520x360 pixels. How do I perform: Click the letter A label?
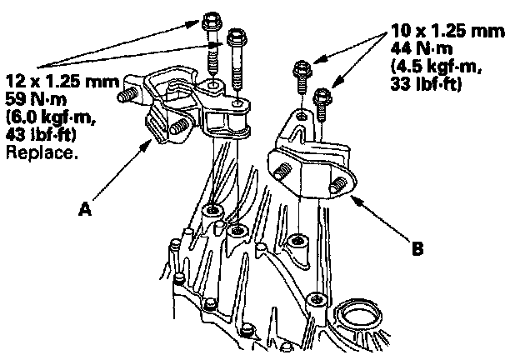tap(83, 211)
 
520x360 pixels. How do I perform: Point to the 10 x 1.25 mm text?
tap(448, 32)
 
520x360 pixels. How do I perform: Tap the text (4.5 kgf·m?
tap(433, 67)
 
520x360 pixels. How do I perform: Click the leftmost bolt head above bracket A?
tap(209, 18)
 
